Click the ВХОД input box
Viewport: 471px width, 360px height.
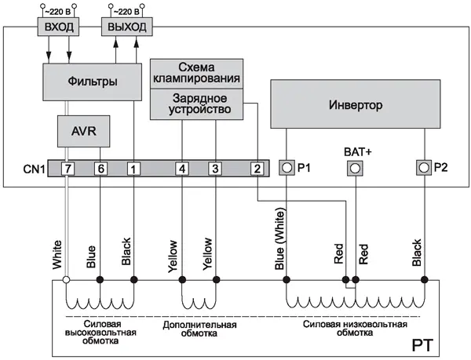click(60, 27)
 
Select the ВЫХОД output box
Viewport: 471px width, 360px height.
click(126, 27)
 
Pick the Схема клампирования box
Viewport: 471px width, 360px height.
click(196, 72)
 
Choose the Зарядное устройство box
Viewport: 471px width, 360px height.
click(196, 104)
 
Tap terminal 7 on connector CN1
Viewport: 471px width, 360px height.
click(68, 168)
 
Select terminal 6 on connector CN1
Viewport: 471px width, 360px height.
click(100, 168)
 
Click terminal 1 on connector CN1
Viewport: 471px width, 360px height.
click(133, 168)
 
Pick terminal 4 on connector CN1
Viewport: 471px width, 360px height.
click(181, 168)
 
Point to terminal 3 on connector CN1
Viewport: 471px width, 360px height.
click(214, 168)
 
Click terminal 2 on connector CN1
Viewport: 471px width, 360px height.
click(256, 168)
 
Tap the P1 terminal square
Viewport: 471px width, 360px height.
click(287, 167)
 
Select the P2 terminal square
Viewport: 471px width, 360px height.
click(425, 167)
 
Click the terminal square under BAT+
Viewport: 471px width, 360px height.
click(356, 168)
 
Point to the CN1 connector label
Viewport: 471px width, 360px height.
click(35, 168)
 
